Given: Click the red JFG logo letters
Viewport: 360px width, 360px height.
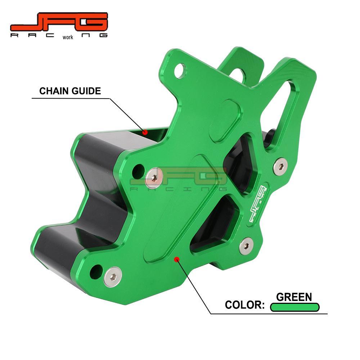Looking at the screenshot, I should pos(59,22).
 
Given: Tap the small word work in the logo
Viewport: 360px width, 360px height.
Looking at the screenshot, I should pos(68,37).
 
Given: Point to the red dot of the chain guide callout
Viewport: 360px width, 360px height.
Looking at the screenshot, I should pos(145,132).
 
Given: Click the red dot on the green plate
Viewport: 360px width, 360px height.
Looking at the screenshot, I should pos(176,259).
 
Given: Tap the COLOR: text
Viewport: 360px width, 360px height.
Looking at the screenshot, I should pos(245,305).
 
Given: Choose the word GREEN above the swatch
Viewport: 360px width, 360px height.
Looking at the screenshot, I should pos(294,297).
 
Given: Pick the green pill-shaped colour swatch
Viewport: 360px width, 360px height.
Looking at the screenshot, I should pos(295,307).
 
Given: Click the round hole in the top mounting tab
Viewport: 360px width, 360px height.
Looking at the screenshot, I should pos(180,71).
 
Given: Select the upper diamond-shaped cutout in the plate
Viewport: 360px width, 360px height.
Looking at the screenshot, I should pos(240,162).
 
